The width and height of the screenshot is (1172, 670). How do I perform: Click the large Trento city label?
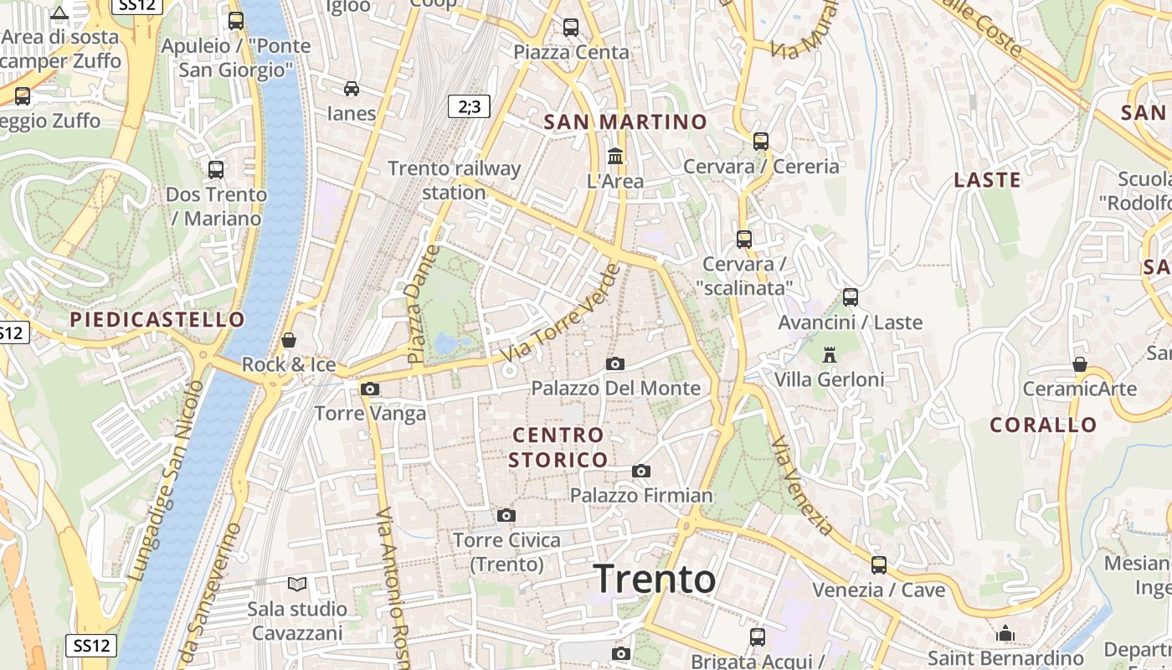pos(655,579)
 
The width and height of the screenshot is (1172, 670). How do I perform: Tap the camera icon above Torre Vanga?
pos(369,389)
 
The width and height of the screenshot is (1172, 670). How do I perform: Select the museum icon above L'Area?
pos(615,157)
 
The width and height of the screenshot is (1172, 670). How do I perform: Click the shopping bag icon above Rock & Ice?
pos(289,340)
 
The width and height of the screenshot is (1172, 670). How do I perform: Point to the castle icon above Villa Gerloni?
pos(830,355)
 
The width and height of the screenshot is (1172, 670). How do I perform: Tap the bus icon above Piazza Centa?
pos(571,28)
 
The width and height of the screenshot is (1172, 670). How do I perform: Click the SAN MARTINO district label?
pos(625,122)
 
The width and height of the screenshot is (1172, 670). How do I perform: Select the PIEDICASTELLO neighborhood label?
pos(157,320)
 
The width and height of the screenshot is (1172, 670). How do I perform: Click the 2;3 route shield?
pos(469,106)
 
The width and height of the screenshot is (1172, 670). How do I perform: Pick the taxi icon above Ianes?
pos(352,89)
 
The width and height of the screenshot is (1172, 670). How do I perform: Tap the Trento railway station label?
pos(455,180)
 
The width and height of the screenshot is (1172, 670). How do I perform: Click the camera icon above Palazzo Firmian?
pos(641,471)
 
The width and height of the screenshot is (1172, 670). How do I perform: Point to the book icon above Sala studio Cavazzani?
pos(297,584)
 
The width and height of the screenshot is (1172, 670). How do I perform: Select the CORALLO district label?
pos(1043,425)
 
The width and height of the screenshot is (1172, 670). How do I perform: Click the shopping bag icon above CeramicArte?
pos(1080,365)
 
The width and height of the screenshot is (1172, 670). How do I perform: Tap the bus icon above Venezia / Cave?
pos(878,565)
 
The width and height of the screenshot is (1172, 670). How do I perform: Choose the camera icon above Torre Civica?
pos(506,515)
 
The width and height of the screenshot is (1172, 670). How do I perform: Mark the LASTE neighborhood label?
pos(988,180)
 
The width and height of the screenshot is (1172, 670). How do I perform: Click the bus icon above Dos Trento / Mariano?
pos(216,170)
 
